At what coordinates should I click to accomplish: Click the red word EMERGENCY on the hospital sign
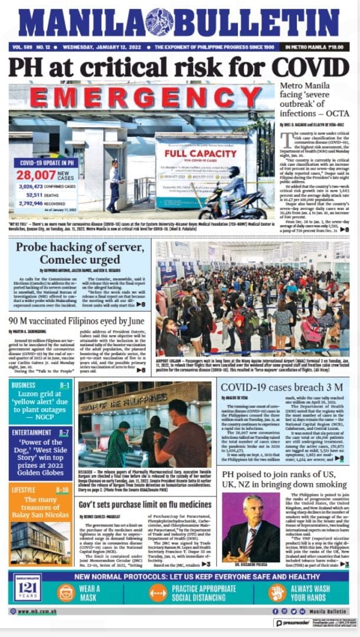pos(139,98)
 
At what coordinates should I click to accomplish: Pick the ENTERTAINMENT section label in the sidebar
pos(31,432)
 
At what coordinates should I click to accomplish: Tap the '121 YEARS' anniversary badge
pos(28,591)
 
